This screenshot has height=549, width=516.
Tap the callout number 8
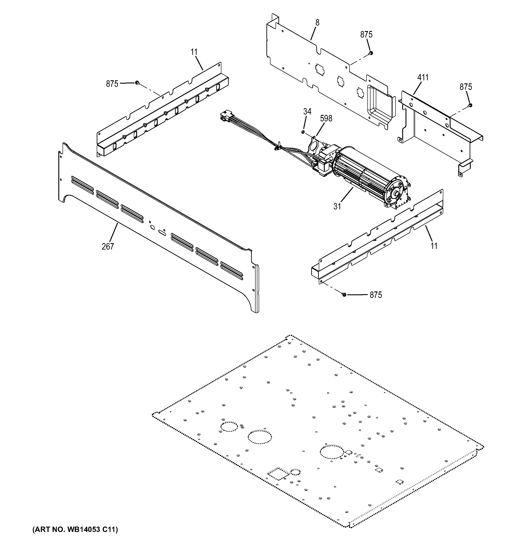point(317,23)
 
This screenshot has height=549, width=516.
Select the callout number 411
point(423,78)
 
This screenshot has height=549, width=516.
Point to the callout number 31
point(337,206)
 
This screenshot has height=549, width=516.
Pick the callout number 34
point(307,111)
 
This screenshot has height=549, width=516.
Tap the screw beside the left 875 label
point(137,83)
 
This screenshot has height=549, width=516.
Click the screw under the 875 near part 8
point(371,53)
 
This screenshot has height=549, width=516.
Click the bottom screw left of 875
point(344,295)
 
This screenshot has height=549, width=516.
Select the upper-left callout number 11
point(194,52)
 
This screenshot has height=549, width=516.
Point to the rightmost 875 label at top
point(466,87)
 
